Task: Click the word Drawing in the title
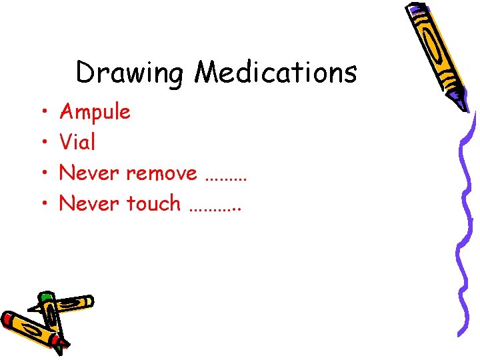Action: [x=129, y=73]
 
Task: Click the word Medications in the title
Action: [x=275, y=72]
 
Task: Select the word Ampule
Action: [x=95, y=112]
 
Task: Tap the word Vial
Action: [x=77, y=142]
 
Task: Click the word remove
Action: [x=161, y=173]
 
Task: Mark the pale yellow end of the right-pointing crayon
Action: [x=86, y=302]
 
